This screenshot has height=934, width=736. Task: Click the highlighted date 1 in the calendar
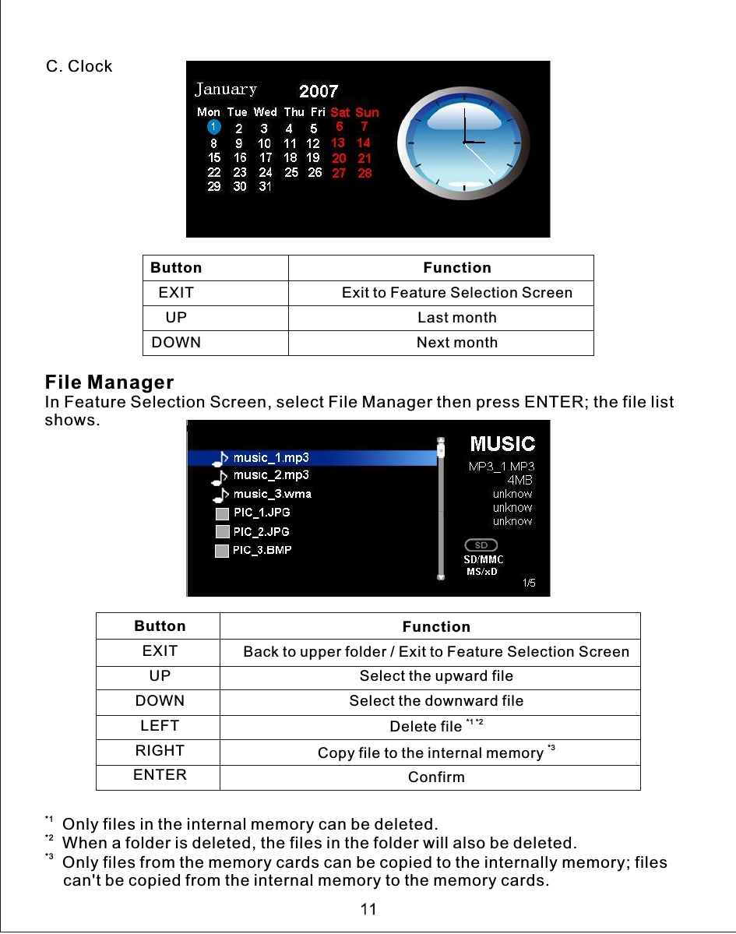pyautogui.click(x=213, y=127)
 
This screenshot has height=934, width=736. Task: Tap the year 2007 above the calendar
pyautogui.click(x=319, y=93)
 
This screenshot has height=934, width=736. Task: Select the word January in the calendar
pyautogui.click(x=226, y=90)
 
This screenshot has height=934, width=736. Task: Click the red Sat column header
pyautogui.click(x=340, y=112)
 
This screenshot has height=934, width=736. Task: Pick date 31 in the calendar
pyautogui.click(x=265, y=187)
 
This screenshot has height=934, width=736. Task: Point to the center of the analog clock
pyautogui.click(x=464, y=142)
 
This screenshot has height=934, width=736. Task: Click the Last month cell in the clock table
pyautogui.click(x=456, y=318)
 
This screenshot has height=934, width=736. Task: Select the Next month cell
pyautogui.click(x=456, y=343)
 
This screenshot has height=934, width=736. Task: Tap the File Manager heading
pyautogui.click(x=109, y=382)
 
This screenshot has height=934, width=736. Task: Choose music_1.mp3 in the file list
pyautogui.click(x=271, y=457)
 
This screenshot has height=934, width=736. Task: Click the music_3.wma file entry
pyautogui.click(x=272, y=494)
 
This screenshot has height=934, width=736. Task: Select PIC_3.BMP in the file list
pyautogui.click(x=262, y=550)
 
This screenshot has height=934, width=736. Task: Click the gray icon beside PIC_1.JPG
pyautogui.click(x=222, y=513)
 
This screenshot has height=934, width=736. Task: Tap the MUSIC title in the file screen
pyautogui.click(x=502, y=444)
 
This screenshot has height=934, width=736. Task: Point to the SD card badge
pyautogui.click(x=481, y=545)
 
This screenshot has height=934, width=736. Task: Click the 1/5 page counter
pyautogui.click(x=529, y=583)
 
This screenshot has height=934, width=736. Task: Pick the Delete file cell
pyautogui.click(x=427, y=727)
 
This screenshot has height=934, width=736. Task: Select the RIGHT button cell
pyautogui.click(x=160, y=751)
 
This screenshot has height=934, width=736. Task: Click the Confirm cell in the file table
pyautogui.click(x=436, y=777)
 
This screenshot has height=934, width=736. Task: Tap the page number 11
pyautogui.click(x=368, y=909)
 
